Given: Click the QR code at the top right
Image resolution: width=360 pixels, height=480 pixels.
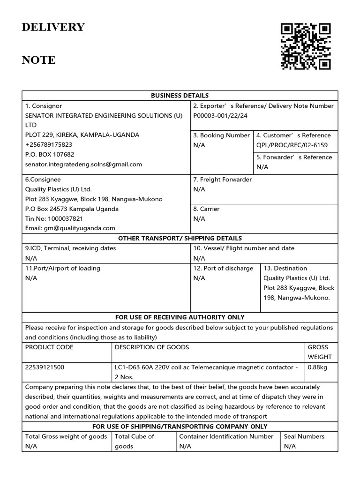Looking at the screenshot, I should (306, 46).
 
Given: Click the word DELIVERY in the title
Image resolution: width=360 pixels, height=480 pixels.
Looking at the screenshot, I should (53, 27).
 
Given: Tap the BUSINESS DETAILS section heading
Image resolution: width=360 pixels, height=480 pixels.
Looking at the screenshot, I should (180, 96).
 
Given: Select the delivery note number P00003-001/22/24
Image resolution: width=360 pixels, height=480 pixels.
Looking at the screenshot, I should (220, 116).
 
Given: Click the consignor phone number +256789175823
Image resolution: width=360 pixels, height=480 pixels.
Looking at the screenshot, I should (49, 145).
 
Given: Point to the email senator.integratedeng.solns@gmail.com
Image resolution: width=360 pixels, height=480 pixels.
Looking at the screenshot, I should (83, 165).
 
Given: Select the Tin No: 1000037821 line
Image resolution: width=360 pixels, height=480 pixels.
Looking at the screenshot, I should (54, 218).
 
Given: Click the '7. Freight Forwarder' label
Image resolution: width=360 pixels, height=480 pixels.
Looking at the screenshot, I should (222, 180).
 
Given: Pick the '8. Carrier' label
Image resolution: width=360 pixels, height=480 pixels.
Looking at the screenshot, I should (206, 209).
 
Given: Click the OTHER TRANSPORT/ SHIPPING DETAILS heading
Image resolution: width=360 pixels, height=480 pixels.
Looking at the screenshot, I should (180, 239).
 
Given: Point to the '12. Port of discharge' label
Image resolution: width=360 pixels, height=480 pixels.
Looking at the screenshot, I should (223, 269).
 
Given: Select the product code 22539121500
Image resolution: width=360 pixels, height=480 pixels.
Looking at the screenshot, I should (45, 367).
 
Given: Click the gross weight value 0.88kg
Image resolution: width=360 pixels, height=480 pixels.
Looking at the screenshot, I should (317, 367).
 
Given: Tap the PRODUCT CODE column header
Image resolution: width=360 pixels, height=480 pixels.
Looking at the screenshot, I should (49, 347).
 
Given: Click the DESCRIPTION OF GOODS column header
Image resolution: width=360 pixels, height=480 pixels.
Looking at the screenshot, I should (152, 347).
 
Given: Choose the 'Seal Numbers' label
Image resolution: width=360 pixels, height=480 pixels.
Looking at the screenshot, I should (304, 436).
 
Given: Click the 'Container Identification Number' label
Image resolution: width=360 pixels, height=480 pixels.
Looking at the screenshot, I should (226, 436).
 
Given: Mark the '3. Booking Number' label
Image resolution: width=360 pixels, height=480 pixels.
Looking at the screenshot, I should (222, 135).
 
